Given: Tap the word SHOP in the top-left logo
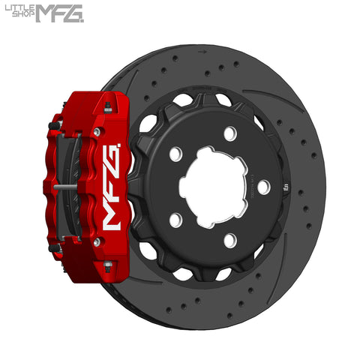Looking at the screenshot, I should click(22, 16).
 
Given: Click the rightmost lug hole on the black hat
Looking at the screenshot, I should click(264, 186).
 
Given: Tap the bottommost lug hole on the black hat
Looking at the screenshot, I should click(230, 240).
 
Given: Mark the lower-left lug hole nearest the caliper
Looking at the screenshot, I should click(175, 220).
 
